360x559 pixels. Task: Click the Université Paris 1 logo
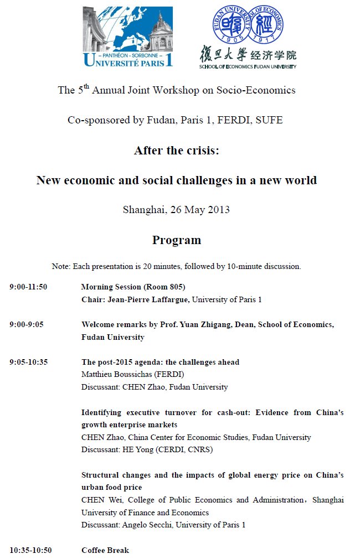coord(128,37)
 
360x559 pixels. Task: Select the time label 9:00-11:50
coord(28,287)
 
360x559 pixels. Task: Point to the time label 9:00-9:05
coord(26,324)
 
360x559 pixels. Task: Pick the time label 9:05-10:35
coord(28,362)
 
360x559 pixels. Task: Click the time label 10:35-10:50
coord(30,550)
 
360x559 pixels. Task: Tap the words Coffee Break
coord(105,550)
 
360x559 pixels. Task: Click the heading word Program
coord(177,240)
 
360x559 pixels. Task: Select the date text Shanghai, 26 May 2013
coord(176,210)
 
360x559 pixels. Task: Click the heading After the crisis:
coord(177,151)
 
